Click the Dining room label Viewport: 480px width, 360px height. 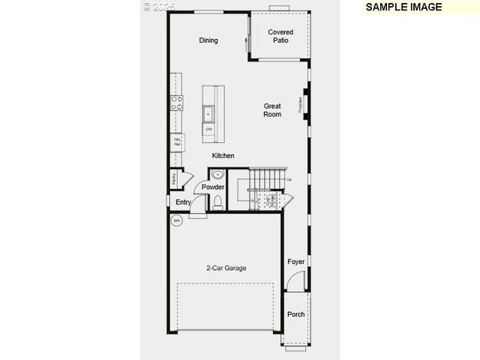(x=208, y=40)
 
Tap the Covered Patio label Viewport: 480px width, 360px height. (x=280, y=36)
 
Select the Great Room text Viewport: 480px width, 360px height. (x=272, y=110)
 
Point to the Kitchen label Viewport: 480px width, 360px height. (x=223, y=156)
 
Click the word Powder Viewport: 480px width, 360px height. (x=213, y=187)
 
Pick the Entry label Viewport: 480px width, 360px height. (x=183, y=202)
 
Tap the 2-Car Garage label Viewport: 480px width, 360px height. (x=226, y=268)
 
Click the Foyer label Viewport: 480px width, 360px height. (x=296, y=262)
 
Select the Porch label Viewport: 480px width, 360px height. (x=296, y=314)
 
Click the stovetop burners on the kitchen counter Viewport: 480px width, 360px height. (x=177, y=103)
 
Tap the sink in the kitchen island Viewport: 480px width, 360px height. (x=209, y=114)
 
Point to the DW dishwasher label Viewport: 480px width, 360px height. (x=209, y=129)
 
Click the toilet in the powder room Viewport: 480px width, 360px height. (x=218, y=202)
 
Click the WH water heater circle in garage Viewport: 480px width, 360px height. (x=177, y=220)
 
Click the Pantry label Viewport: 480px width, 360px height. (x=174, y=179)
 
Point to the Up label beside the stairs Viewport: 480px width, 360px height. (x=289, y=180)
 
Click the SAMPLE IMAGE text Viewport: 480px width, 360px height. (x=403, y=7)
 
